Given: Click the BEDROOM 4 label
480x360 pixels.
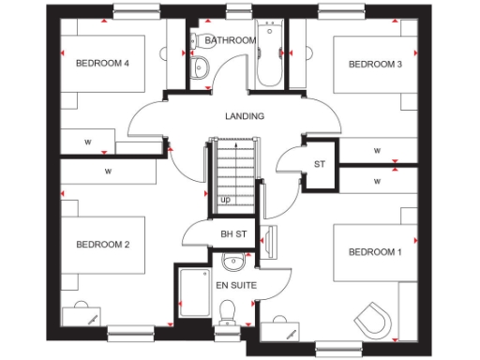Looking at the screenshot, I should coord(101,64).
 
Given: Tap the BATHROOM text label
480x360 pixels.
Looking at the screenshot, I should coord(230,40).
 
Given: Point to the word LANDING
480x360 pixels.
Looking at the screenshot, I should coord(245,116).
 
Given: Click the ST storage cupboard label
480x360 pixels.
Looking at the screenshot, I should coord(320,163).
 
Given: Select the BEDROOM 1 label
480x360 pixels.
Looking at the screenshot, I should coord(375,251).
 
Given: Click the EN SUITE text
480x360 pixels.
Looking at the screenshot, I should coord(234,283).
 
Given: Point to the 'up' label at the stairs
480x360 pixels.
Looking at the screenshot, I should coord(225,200).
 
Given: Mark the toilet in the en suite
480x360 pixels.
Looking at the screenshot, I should coord(226,312).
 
